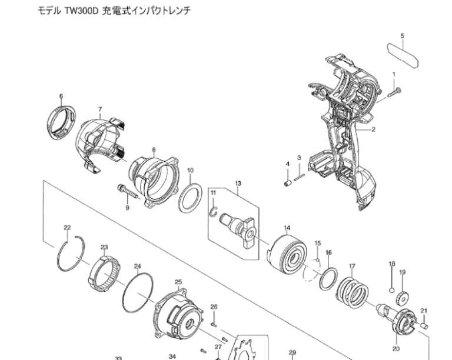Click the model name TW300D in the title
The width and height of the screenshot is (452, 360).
[x=82, y=11]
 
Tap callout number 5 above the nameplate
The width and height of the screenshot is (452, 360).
[x=403, y=36]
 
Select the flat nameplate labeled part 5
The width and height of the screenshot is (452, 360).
[x=403, y=55]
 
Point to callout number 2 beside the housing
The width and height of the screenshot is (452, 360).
[x=374, y=129]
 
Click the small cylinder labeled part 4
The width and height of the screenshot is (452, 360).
[x=287, y=183]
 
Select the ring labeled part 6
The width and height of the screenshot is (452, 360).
[x=61, y=123]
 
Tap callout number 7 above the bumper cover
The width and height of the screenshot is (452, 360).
[x=100, y=109]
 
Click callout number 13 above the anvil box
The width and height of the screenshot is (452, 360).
[x=238, y=184]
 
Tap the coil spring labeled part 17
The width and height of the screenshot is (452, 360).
[x=353, y=293]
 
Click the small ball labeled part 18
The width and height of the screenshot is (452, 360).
[x=391, y=290]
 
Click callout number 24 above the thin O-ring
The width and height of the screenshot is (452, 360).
[x=138, y=266]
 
